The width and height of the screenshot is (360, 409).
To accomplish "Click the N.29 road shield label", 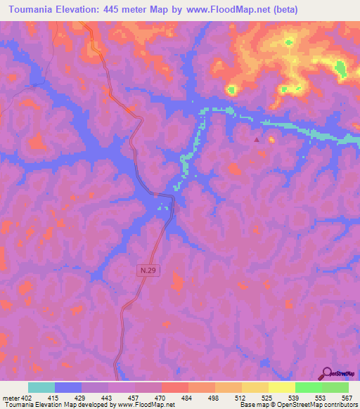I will point(144,269).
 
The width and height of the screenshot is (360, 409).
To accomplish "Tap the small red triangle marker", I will point(256,139).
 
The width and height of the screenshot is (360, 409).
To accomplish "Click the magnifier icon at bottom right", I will point(328,373).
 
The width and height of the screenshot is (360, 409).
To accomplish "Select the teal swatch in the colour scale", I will point(41,387).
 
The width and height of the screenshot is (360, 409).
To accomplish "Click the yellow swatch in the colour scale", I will point(282,387).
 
